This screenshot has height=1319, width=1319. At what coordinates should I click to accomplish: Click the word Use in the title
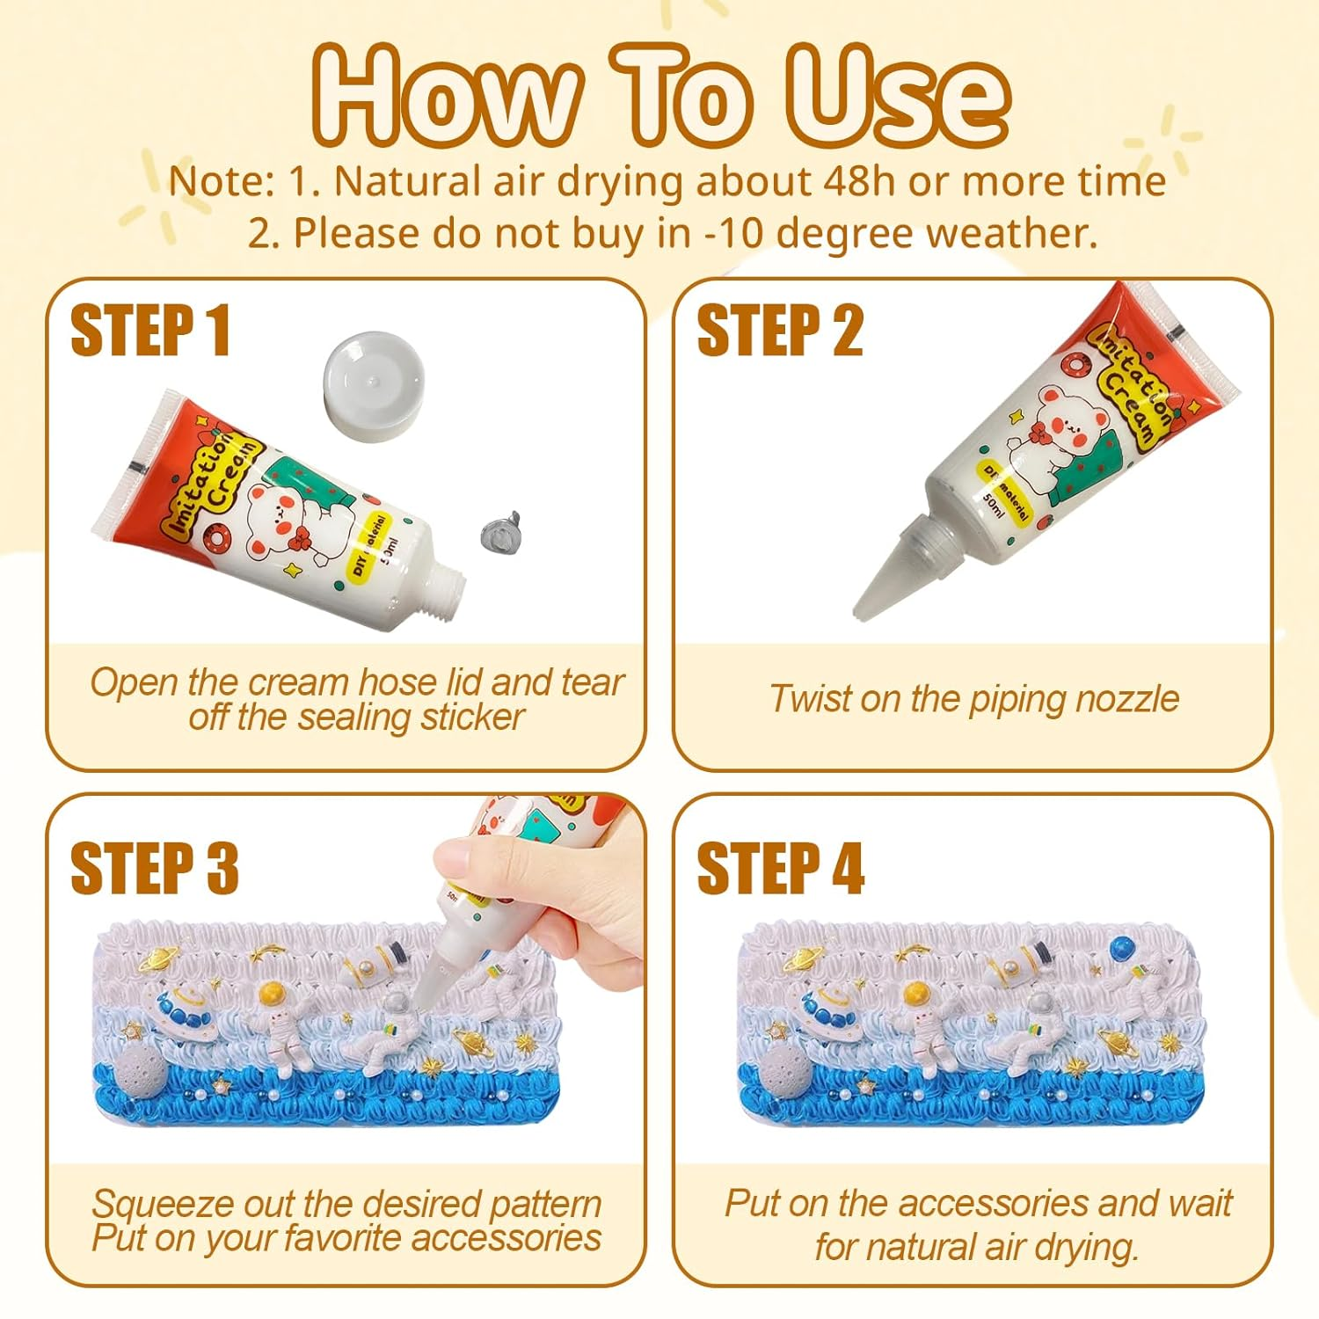[x=897, y=95]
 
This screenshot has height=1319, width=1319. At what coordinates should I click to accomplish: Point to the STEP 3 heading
[x=154, y=868]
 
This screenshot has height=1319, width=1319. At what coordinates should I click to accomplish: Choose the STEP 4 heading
[x=780, y=868]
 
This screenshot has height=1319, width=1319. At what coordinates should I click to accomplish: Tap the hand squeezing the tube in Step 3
[x=510, y=888]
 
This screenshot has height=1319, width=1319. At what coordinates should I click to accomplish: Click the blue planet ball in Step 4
[x=1122, y=949]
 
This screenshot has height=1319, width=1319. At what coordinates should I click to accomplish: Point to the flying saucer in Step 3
[x=184, y=1011]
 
